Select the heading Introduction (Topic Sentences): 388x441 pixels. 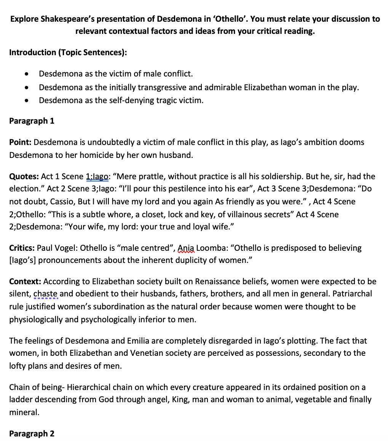[x=68, y=53]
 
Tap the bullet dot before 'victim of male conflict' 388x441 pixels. [x=26, y=73]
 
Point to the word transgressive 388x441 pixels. [x=162, y=87]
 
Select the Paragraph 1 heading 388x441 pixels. [x=32, y=121]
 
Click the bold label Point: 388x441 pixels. [x=21, y=142]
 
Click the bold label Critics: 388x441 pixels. [x=22, y=248]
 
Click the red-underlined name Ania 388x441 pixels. [x=186, y=248]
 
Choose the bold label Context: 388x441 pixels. [x=25, y=282]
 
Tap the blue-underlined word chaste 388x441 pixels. [x=45, y=294]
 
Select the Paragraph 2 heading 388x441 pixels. [x=32, y=433]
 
